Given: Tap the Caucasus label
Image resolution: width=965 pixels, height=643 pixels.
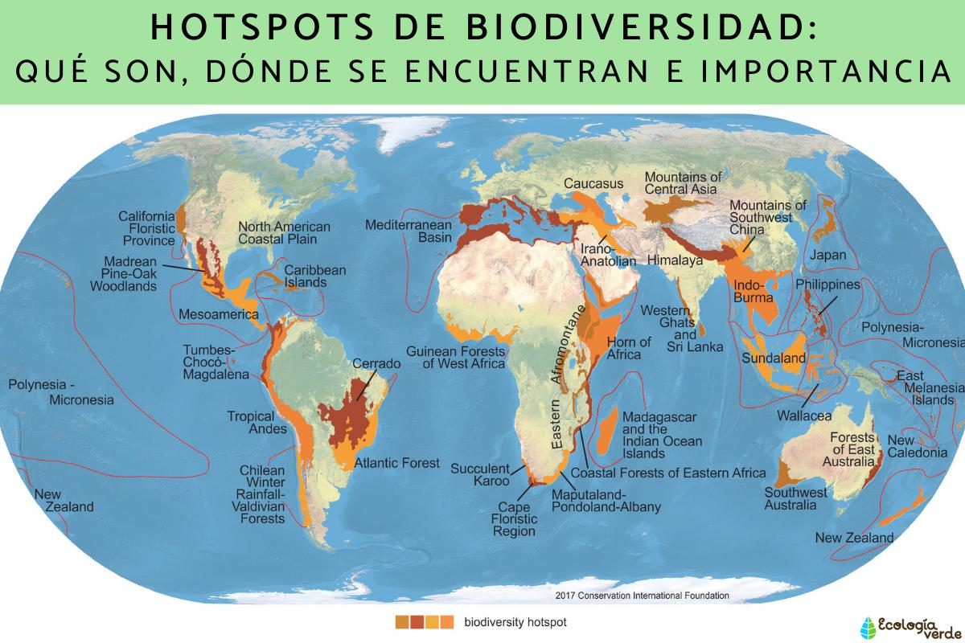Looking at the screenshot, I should point(593,183).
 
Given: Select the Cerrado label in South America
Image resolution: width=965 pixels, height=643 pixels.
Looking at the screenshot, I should point(376,364).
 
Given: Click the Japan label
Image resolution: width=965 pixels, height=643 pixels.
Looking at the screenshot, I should point(828,255).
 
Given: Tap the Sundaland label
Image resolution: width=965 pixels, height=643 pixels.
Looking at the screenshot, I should point(774,358).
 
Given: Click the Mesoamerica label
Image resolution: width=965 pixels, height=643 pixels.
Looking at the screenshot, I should point(219,314).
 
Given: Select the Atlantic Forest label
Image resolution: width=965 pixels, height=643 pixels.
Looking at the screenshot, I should point(397,463).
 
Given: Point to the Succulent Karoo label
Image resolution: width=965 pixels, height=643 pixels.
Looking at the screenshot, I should point(480,474).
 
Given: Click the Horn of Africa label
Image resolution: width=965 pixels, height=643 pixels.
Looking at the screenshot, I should point(629,348).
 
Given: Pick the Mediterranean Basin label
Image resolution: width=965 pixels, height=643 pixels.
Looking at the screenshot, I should point(409,231).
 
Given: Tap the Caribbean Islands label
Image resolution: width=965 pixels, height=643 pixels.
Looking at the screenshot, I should point(314,276).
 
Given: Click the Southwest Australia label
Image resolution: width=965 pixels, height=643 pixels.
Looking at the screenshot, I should point(795,498).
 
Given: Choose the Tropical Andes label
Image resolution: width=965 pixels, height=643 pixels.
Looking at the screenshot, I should point(257,423).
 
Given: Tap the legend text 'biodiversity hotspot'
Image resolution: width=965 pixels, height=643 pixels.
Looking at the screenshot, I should point(509,621).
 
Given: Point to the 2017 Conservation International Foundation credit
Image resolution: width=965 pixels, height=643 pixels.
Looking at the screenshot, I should point(642,596).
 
